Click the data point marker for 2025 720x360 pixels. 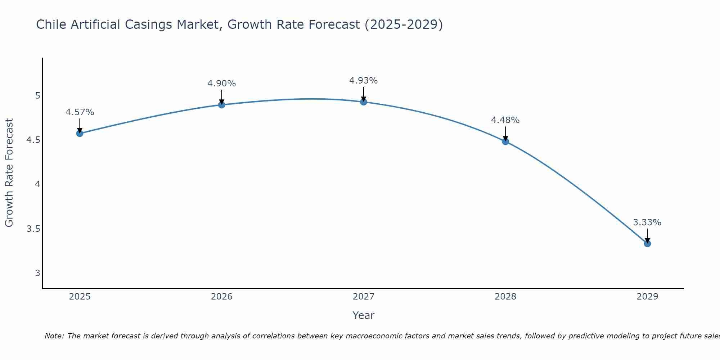(80, 134)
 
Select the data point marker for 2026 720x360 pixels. (222, 105)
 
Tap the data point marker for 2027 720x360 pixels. (364, 102)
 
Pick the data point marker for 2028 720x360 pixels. (505, 141)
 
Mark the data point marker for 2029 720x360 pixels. (647, 244)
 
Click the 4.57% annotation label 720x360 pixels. (80, 112)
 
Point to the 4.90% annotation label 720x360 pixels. (222, 84)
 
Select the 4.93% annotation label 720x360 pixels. (364, 81)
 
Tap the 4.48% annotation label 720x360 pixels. (505, 120)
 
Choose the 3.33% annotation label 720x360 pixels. (647, 222)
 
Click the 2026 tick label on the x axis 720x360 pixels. (222, 297)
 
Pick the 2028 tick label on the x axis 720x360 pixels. (505, 297)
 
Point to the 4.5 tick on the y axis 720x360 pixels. (33, 140)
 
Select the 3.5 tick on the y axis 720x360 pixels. (33, 229)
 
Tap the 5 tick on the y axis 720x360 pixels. (37, 96)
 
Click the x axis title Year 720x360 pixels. (364, 315)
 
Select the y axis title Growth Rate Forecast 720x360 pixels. (9, 173)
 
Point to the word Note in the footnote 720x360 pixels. (54, 336)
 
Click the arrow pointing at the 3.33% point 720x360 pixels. (647, 236)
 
